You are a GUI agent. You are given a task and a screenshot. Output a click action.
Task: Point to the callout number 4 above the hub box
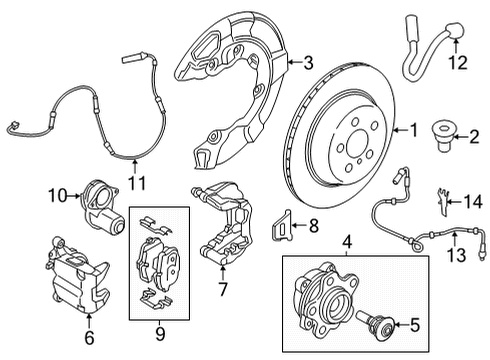coord(347,241)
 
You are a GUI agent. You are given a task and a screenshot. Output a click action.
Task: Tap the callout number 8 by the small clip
coord(312,228)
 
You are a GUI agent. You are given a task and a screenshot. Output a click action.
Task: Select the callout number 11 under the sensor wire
coord(135,183)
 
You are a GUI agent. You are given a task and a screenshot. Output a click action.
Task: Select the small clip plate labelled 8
coord(284,226)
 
